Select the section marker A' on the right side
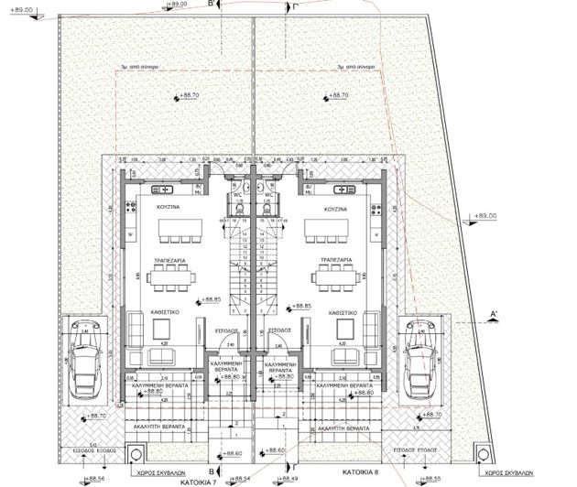tap(494, 314)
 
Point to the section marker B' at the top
tap(212, 5)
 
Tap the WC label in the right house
tap(269, 194)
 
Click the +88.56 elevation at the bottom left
tap(95, 478)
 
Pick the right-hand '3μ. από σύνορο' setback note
tap(353, 67)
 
